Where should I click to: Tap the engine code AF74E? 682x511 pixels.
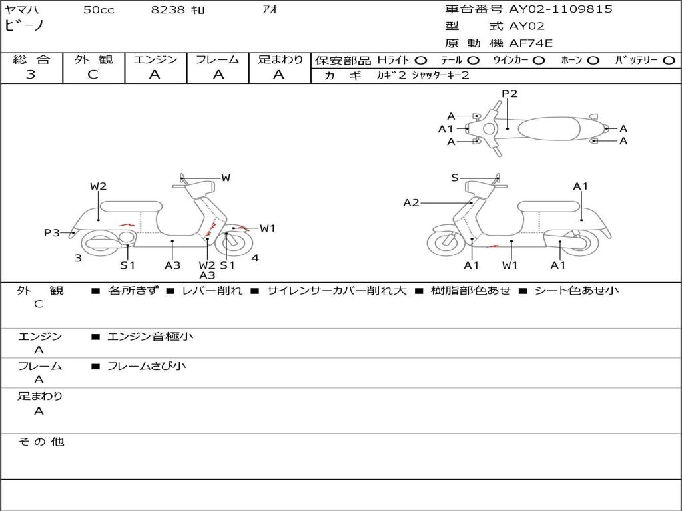[531, 44]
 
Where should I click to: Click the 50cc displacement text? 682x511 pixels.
[97, 10]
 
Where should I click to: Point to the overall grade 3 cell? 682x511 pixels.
[31, 75]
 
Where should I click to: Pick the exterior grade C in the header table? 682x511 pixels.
[93, 75]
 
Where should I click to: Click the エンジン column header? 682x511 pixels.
[155, 59]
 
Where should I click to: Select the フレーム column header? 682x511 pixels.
[217, 59]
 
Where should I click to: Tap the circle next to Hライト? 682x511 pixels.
[421, 60]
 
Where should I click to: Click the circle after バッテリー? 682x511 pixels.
[669, 60]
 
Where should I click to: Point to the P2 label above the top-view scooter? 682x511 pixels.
[510, 94]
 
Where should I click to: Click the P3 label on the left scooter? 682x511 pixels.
[52, 232]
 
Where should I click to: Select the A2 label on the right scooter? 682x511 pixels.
[411, 202]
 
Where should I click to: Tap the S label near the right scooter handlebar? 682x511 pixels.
[455, 178]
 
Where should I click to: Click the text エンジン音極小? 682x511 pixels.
[150, 337]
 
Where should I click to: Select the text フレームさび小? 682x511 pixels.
[147, 366]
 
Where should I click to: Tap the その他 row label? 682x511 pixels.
[41, 442]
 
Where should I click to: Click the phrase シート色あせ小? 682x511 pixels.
[577, 291]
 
